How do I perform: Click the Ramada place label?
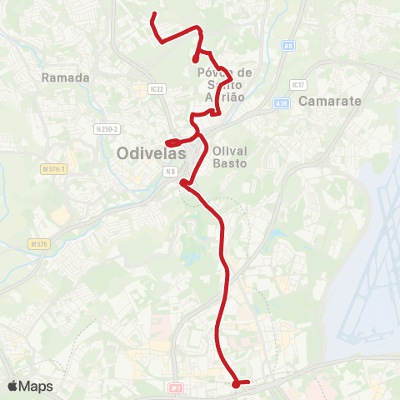point(64,77)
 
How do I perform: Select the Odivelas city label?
point(151,153)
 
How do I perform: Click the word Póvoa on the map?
point(213,72)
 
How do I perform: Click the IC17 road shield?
point(297,85)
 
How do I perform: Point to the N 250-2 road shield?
point(107,128)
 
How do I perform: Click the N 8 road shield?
point(169,172)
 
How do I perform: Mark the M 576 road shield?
point(38,244)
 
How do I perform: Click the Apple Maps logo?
point(30,386)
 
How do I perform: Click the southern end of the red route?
point(236,384)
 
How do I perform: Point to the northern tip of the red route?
point(152,16)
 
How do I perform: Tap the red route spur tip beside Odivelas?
point(168,143)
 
